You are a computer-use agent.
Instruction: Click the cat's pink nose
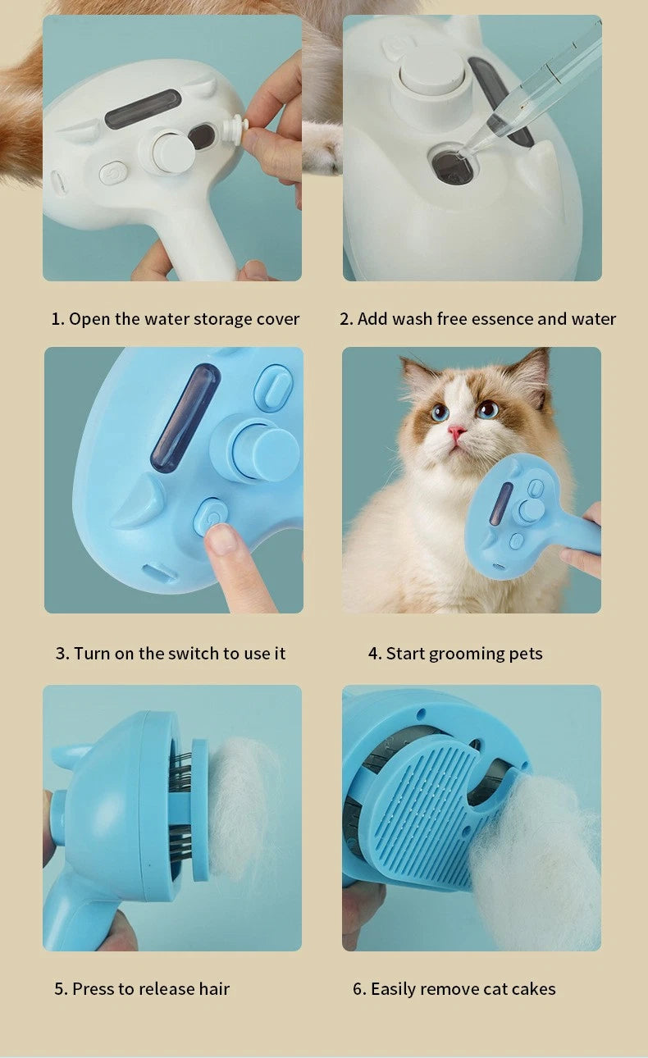(457, 431)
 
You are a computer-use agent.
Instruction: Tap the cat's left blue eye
(440, 413)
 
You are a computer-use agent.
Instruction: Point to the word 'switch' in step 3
(194, 653)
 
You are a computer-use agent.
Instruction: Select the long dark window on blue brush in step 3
(185, 418)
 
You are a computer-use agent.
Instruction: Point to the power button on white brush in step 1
(113, 173)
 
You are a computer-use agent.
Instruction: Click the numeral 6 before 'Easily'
(358, 988)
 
